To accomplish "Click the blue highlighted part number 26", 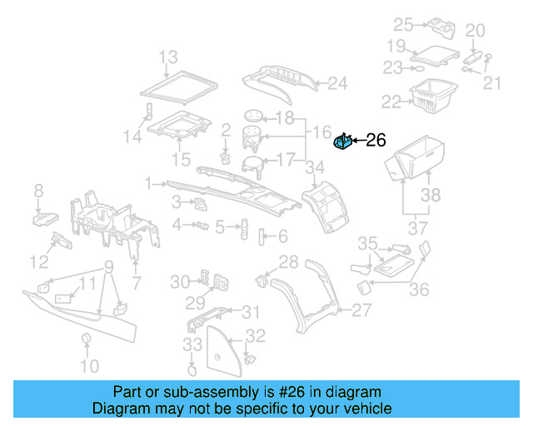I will tap(343, 143).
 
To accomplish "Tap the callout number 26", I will tap(376, 141).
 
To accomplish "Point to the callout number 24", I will tap(337, 83).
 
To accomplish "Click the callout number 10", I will tap(89, 365).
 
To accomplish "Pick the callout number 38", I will tap(430, 196).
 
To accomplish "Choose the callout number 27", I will tap(361, 310).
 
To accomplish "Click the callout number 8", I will tap(38, 193).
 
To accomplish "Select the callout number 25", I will tap(403, 24).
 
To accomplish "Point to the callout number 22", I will tap(391, 102).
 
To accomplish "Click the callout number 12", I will tap(39, 263).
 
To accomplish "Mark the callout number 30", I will tap(181, 282).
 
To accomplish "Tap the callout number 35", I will tap(367, 243).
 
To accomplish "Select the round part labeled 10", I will tap(85, 338).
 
